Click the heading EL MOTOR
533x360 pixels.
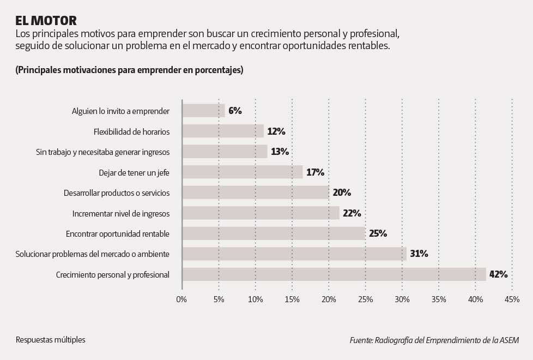[46, 21]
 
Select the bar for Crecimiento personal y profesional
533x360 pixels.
[334, 274]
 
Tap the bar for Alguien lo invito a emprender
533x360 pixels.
[203, 111]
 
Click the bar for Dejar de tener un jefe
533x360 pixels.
[242, 172]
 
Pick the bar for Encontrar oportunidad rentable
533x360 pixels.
[274, 233]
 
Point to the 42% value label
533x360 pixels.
[498, 274]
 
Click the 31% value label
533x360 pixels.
[419, 254]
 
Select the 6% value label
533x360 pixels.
[235, 111]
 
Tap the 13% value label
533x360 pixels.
[280, 152]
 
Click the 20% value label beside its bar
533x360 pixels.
[342, 193]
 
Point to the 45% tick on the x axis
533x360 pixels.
[512, 299]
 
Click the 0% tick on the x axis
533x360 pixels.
[181, 299]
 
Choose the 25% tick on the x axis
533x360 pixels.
[365, 299]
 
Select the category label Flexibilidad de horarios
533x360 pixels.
[131, 131]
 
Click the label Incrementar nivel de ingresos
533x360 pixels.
[120, 213]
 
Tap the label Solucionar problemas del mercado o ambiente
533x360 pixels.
[92, 254]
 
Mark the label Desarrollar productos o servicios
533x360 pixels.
[117, 193]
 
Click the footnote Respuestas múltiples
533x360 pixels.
[51, 340]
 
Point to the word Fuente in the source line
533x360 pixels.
[360, 340]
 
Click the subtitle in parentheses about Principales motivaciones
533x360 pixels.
[130, 70]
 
